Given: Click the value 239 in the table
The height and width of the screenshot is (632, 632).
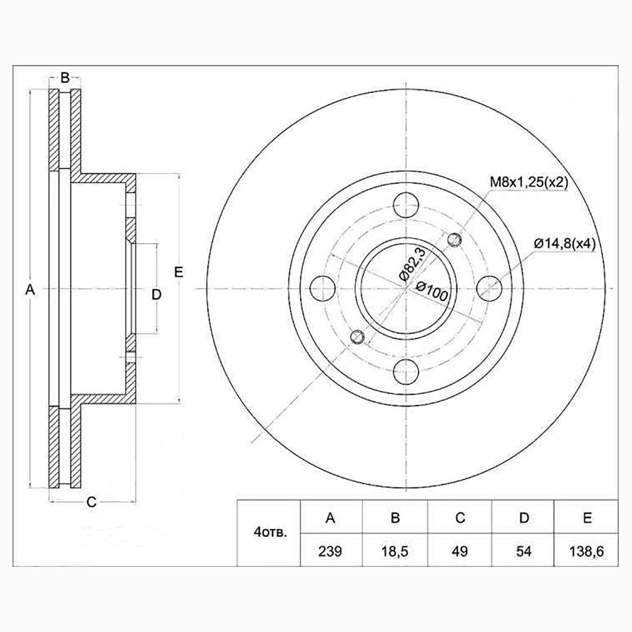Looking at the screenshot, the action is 330,551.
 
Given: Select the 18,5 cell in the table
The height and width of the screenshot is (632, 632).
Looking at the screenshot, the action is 394,551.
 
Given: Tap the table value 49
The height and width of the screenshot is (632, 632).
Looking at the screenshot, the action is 459,551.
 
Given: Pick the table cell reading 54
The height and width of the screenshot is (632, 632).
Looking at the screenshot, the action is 524,551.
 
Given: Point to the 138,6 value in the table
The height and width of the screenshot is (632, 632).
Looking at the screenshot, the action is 586,551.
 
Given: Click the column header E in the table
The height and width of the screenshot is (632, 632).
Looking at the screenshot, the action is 587,518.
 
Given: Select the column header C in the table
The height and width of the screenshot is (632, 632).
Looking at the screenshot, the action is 460,518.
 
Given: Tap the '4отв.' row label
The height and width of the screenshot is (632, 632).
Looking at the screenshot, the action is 270,532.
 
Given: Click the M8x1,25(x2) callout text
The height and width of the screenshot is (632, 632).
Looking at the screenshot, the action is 529,182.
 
